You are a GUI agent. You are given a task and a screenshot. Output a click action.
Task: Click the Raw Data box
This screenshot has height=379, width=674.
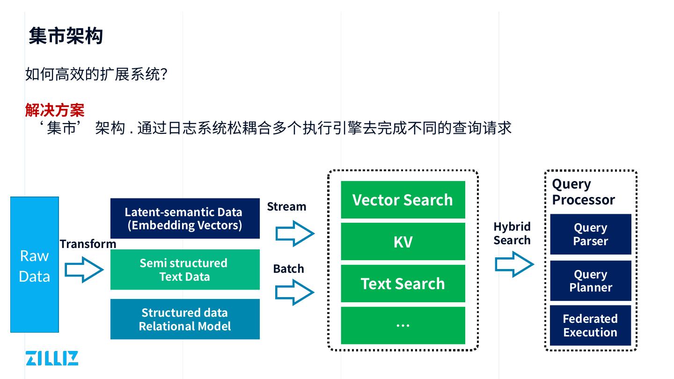[x=35, y=265]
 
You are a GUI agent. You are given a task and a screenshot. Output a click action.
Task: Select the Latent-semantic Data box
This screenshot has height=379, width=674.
[x=185, y=219]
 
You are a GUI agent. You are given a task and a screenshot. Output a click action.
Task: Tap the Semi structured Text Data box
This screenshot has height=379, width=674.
[x=185, y=270]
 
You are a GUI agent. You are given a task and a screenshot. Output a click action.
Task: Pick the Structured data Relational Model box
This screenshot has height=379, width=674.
[x=185, y=319]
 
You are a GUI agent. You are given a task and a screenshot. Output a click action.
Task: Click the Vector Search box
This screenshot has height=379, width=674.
[x=403, y=200]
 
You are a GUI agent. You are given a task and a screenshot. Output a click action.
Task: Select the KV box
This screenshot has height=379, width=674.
[x=403, y=241]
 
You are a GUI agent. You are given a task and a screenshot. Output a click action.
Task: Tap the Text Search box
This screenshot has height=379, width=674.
[x=403, y=284]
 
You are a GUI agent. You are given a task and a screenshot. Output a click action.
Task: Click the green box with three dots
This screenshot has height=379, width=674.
[x=403, y=325]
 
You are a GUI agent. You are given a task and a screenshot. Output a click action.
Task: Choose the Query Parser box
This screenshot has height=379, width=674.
[x=591, y=234]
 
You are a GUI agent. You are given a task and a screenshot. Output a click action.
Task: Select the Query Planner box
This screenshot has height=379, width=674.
[x=591, y=281]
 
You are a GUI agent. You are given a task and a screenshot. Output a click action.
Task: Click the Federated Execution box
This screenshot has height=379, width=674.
[x=591, y=326]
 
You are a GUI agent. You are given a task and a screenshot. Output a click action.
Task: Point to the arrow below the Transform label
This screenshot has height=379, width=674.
[x=84, y=270]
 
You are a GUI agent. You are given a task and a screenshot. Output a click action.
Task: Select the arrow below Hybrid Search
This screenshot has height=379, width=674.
[x=514, y=264]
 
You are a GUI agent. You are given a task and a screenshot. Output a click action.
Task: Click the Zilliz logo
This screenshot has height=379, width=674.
[x=52, y=358]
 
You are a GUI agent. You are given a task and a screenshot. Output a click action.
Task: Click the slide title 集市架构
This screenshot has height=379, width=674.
[x=66, y=36]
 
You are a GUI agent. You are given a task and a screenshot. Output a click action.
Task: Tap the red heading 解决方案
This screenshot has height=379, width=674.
[x=55, y=110]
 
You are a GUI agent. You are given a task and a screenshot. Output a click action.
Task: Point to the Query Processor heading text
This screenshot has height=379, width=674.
[x=583, y=192]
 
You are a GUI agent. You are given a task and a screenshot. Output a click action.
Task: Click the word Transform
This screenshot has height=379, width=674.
[x=88, y=244]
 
